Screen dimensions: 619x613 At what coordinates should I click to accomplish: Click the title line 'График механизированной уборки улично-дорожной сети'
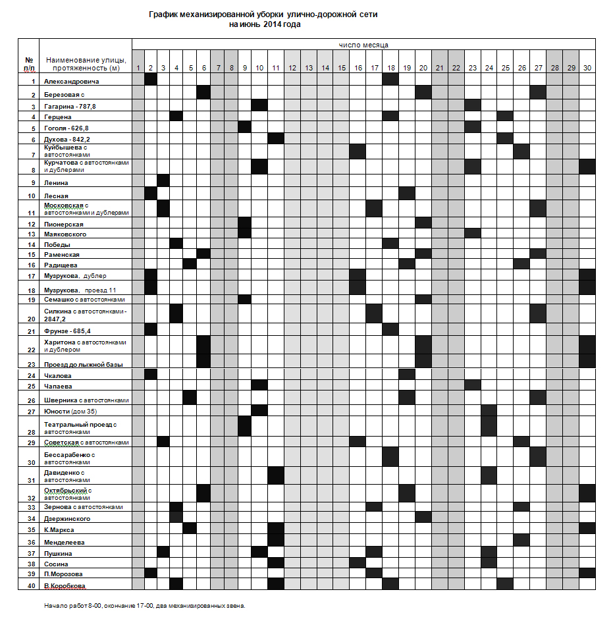tap(263, 14)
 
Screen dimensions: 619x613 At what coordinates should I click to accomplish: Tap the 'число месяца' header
tap(363, 45)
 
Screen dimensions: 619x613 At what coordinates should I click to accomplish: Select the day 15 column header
tap(341, 68)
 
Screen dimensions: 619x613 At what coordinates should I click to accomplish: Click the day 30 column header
tap(587, 68)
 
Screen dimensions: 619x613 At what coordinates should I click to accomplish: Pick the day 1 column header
tap(138, 68)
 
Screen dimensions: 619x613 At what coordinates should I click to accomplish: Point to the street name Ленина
tap(57, 182)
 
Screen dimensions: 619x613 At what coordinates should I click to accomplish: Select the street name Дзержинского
tap(67, 519)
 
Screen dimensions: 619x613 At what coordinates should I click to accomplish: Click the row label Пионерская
tap(64, 225)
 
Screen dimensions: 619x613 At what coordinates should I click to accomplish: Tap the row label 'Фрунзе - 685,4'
tap(67, 331)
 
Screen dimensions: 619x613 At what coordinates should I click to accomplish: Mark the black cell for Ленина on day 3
tap(163, 180)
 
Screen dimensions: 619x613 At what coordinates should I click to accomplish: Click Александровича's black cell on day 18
tap(390, 79)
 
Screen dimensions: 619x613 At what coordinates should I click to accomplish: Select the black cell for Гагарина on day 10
tap(259, 105)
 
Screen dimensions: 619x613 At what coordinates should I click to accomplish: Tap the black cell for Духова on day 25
tap(505, 138)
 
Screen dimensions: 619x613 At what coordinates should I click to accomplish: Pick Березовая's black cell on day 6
tap(203, 92)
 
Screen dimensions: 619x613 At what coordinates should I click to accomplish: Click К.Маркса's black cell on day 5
tap(189, 528)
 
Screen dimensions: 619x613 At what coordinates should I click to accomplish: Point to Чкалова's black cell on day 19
tap(407, 374)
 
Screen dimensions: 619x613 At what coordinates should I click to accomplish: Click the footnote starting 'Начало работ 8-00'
tap(144, 605)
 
